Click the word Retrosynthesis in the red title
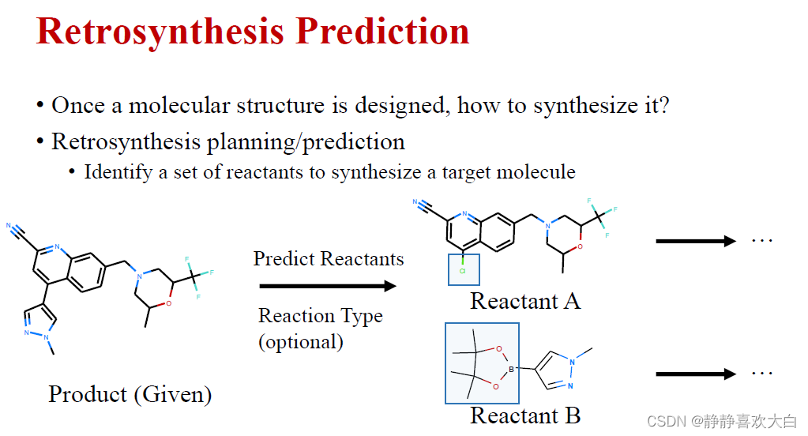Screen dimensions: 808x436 click(160, 32)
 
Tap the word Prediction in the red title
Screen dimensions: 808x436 click(382, 31)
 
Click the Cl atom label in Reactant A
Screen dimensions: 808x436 click(463, 271)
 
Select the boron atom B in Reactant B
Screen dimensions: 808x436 click(511, 369)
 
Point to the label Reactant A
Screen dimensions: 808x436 click(525, 302)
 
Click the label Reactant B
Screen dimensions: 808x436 click(525, 415)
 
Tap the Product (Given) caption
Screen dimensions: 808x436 click(130, 395)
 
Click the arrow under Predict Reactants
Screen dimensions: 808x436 click(328, 286)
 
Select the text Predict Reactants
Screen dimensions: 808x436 click(329, 259)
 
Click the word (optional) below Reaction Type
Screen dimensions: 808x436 click(301, 342)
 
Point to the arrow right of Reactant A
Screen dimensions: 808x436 click(696, 241)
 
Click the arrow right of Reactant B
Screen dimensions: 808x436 click(696, 374)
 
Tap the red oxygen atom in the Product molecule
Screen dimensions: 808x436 click(168, 303)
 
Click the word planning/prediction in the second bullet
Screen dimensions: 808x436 click(306, 142)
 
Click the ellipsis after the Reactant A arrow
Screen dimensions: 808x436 click(762, 241)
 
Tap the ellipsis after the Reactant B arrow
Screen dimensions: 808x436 click(762, 373)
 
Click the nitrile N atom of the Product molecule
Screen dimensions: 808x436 click(9, 226)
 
